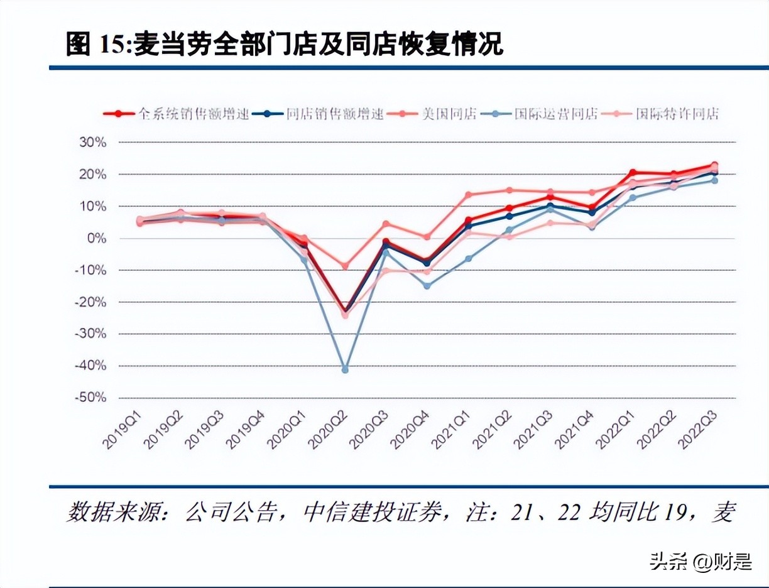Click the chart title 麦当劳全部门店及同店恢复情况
[318, 45]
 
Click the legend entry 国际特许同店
[676, 114]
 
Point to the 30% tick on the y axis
[92, 143]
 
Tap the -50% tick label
[91, 398]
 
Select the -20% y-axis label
[91, 302]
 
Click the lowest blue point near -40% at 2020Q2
[345, 369]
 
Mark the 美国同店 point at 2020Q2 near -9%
[345, 266]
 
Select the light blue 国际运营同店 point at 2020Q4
[427, 286]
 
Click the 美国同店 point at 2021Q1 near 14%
[468, 195]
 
